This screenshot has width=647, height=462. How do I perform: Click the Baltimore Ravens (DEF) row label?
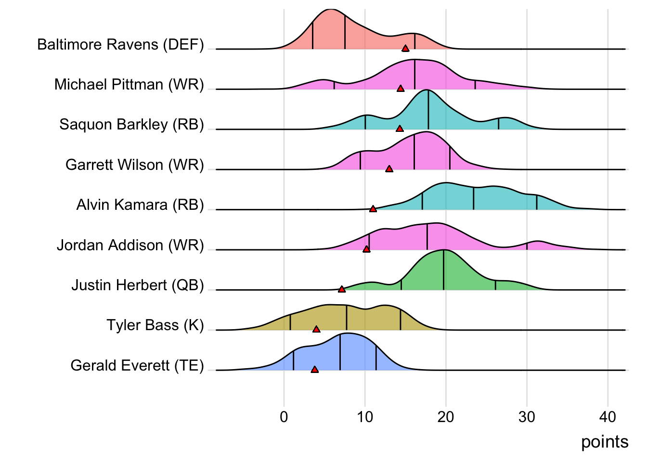pyautogui.click(x=120, y=45)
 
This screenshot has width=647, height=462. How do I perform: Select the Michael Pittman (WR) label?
pyautogui.click(x=129, y=85)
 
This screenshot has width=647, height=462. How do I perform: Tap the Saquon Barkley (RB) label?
pyautogui.click(x=131, y=125)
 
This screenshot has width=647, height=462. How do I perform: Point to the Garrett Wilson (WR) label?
pyautogui.click(x=135, y=165)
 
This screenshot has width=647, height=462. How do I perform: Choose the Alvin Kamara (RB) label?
pyautogui.click(x=140, y=205)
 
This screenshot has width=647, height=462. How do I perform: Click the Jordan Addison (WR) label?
pyautogui.click(x=130, y=245)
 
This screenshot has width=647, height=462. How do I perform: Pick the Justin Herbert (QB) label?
pyautogui.click(x=138, y=285)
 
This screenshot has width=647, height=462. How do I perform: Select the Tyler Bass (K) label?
pyautogui.click(x=155, y=325)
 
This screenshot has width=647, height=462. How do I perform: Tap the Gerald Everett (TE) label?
pyautogui.click(x=137, y=366)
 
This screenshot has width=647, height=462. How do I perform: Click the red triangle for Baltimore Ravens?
pyautogui.click(x=405, y=48)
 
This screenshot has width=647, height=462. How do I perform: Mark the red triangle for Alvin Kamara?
pyautogui.click(x=373, y=209)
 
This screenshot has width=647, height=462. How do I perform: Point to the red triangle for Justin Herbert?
pyautogui.click(x=342, y=289)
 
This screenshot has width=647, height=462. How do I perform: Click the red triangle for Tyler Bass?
pyautogui.click(x=316, y=329)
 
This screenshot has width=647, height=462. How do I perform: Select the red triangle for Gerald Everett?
pyautogui.click(x=315, y=370)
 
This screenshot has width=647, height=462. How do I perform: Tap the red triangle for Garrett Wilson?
pyautogui.click(x=389, y=169)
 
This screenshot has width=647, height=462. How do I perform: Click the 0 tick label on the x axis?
pyautogui.click(x=284, y=417)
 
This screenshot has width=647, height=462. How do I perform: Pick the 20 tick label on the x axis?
pyautogui.click(x=446, y=417)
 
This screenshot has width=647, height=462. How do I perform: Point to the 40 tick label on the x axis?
pyautogui.click(x=608, y=417)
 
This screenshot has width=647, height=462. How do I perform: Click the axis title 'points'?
pyautogui.click(x=605, y=442)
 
